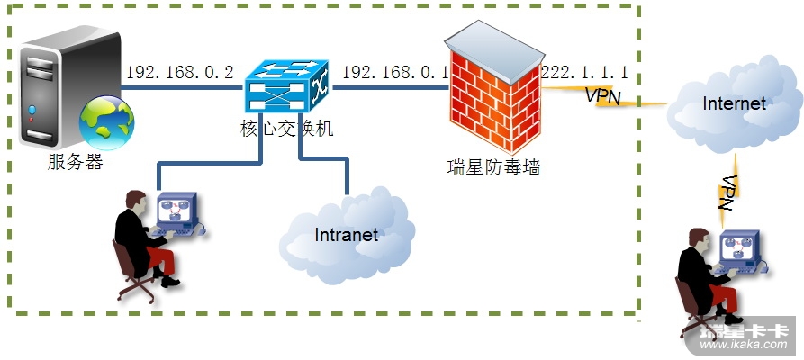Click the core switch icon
click(287, 88)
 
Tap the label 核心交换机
click(281, 130)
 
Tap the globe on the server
click(106, 121)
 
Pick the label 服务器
click(76, 163)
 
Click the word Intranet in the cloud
click(346, 236)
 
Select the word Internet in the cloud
click(734, 103)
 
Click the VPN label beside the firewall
click(602, 95)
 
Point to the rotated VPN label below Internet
click(727, 193)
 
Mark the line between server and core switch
click(185, 87)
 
